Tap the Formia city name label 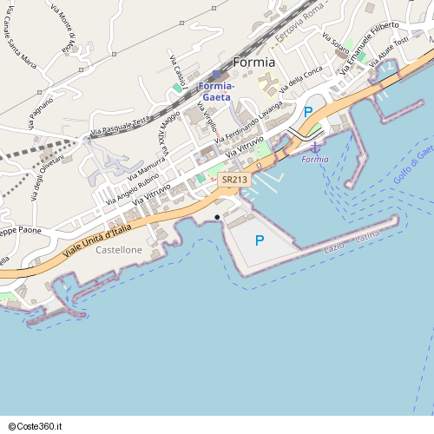(253, 62)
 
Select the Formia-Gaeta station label (215, 91)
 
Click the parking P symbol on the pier (259, 240)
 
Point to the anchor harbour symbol (315, 151)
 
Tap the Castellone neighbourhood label (119, 250)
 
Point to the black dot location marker (217, 217)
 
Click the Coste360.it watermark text (36, 426)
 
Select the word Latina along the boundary (368, 235)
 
